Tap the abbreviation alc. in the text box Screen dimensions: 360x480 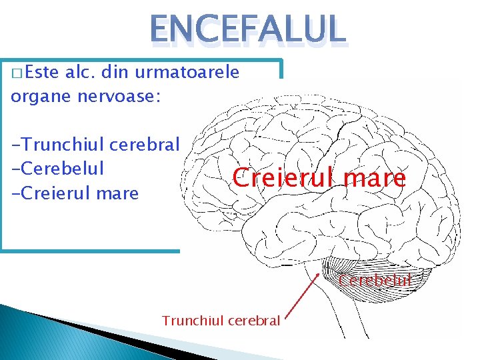(x=81, y=73)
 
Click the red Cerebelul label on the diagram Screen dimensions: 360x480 (x=375, y=280)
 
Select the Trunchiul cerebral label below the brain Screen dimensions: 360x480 (x=221, y=321)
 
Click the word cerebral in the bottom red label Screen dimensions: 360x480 (x=254, y=321)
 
